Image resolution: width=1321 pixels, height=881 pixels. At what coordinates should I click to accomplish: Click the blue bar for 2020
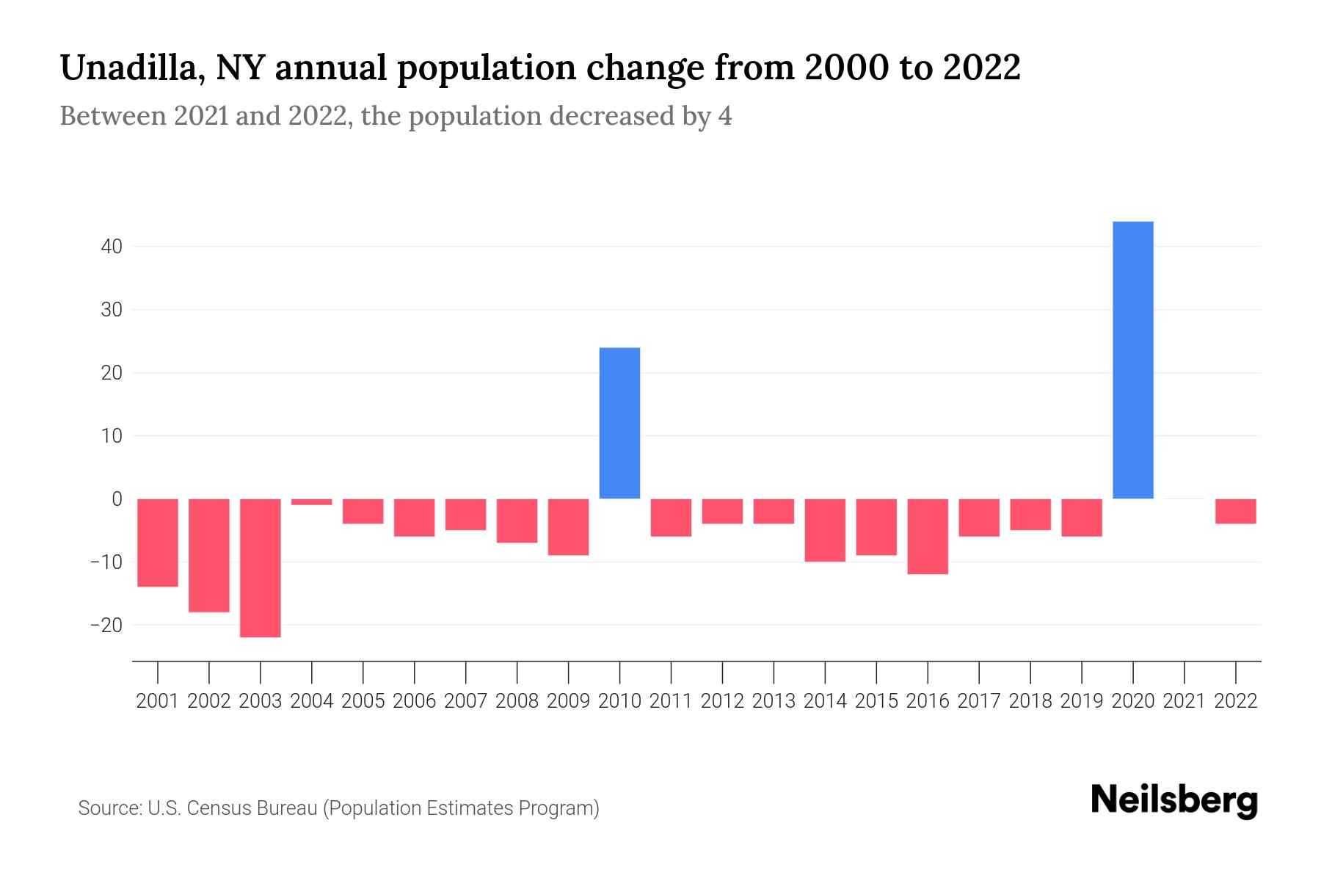[1132, 360]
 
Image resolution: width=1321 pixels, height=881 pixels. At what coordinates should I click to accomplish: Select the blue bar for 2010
[619, 423]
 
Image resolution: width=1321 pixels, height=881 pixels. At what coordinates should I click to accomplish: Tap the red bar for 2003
[261, 568]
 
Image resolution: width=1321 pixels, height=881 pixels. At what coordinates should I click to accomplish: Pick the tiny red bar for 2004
[312, 502]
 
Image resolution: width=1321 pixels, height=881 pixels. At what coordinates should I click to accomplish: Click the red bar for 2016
[928, 536]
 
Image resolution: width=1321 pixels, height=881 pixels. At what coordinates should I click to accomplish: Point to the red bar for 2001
[158, 543]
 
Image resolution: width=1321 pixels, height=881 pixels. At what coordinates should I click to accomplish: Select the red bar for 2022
[1235, 511]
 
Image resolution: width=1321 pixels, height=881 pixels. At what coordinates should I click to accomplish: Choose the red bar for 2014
[825, 530]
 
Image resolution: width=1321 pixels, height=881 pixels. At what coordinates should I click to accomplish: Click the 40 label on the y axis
[112, 247]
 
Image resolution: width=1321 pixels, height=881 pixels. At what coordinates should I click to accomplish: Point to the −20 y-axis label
[106, 626]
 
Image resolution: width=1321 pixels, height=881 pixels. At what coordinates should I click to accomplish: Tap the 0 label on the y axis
[117, 499]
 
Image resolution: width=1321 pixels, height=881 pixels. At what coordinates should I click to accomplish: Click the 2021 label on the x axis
[1184, 701]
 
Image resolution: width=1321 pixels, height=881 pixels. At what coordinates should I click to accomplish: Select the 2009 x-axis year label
[568, 701]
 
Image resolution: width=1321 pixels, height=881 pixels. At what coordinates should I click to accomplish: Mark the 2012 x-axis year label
[722, 701]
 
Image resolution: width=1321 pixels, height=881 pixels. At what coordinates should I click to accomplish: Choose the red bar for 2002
[209, 555]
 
